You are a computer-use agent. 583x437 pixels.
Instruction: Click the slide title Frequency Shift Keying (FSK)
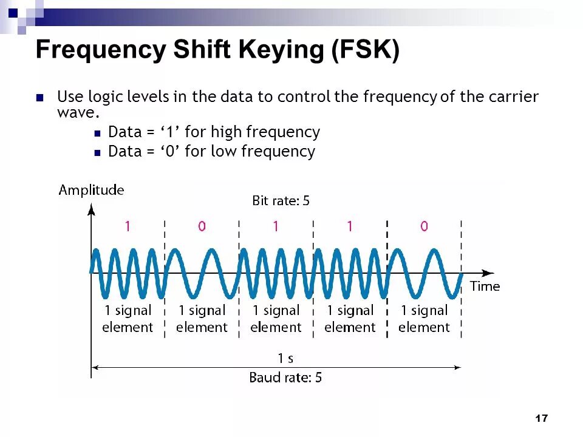[x=217, y=50]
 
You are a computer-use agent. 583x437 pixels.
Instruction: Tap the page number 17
[x=542, y=418]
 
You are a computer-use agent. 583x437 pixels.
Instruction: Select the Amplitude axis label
[x=91, y=190]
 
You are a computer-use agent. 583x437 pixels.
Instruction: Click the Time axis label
[x=485, y=286]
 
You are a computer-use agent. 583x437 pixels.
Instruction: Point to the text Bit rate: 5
[x=281, y=200]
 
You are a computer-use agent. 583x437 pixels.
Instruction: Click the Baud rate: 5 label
[x=285, y=378]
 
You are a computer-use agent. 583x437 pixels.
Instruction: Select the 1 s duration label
[x=285, y=358]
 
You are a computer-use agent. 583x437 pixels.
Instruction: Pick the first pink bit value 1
[x=128, y=226]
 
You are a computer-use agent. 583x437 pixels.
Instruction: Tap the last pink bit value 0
[x=424, y=226]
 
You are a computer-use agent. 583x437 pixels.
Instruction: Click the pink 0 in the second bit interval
[x=202, y=226]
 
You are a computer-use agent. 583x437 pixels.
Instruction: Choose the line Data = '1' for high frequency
[x=214, y=132]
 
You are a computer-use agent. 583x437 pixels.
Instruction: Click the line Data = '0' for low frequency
[x=211, y=151]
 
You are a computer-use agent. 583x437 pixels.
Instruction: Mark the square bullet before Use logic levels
[x=41, y=97]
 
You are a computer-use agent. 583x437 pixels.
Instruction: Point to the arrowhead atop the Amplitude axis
[x=91, y=209]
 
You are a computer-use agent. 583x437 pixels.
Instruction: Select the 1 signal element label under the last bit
[x=424, y=319]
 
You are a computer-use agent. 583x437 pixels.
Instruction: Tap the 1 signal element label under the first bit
[x=128, y=319]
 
